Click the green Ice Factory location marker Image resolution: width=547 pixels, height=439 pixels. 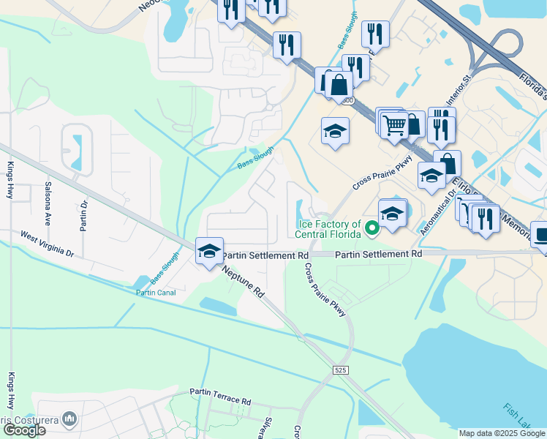pos(371,230)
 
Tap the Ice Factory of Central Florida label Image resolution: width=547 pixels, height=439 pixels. pos(328,229)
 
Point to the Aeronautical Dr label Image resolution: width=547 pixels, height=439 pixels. pos(438,213)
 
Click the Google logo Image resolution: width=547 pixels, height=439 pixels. pos(23,429)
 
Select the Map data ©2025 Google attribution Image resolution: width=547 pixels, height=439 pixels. pos(502,433)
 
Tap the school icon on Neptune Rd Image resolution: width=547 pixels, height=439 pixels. pos(210,250)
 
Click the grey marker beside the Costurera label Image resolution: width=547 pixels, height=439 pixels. pos(70,419)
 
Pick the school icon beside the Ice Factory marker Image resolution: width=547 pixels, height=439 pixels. pos(393,213)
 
